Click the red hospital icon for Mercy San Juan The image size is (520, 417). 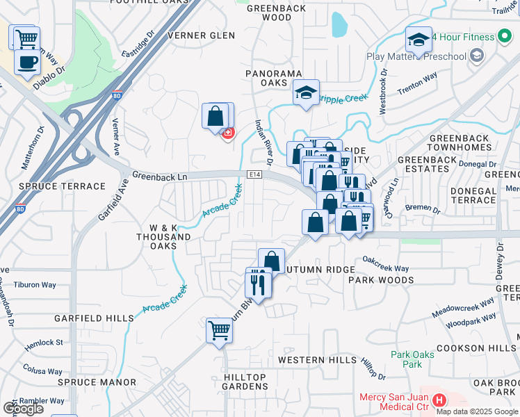[439, 400]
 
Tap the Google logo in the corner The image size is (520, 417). [23, 409]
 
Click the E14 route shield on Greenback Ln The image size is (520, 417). [253, 174]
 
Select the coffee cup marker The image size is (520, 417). [27, 62]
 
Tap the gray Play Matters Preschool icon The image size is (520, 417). [476, 55]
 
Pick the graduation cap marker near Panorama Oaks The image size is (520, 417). [305, 92]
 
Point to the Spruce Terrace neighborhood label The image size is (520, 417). [53, 186]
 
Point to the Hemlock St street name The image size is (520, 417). [45, 343]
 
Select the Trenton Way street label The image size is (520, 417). [417, 84]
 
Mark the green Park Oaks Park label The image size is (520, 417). [407, 359]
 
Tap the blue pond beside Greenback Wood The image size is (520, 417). [339, 25]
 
